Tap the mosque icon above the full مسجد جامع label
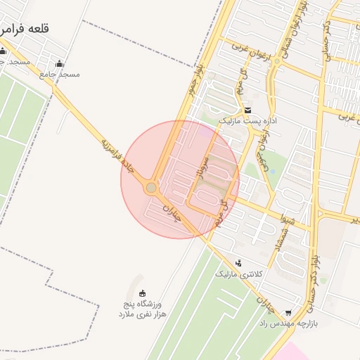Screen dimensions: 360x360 pos(59,63)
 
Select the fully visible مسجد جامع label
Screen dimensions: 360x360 pos(60,74)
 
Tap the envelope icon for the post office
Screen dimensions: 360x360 pos(247,110)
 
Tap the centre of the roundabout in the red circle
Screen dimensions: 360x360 pos(151,188)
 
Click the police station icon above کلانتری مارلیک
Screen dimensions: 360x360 pos(238,263)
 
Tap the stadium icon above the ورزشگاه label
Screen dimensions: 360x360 pos(143,293)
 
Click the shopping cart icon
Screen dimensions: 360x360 pos(288,312)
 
